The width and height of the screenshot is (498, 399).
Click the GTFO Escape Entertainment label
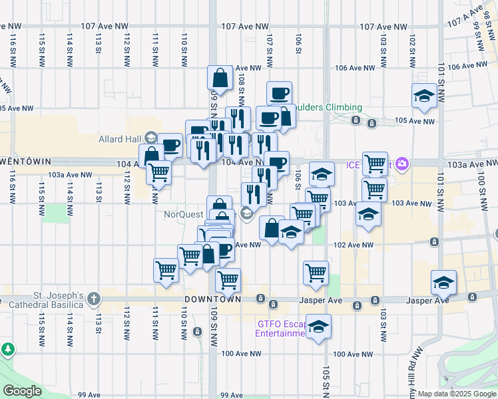pos(280,329)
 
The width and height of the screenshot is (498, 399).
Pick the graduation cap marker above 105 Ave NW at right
pos(424,96)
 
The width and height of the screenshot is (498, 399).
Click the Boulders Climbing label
pos(329,108)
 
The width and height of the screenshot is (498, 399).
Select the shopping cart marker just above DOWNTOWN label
pos(228,279)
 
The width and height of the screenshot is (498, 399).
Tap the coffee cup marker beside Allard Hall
pos(170,144)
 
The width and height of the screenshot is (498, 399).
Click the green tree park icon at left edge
pos(7,348)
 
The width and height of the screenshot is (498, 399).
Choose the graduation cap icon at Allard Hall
pos(151,137)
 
